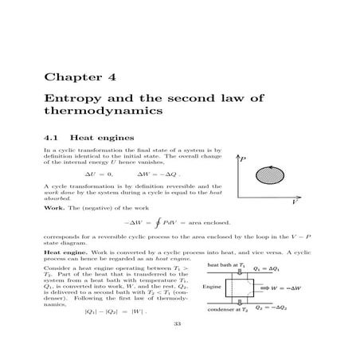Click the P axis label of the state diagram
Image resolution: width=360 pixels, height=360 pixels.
(243, 159)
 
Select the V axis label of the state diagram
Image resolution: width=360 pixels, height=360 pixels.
(295, 204)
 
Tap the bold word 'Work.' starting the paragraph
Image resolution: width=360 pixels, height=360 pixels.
(53, 207)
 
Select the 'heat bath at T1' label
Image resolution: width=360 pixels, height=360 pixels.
(226, 264)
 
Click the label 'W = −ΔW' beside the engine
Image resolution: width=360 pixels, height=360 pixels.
(290, 287)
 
